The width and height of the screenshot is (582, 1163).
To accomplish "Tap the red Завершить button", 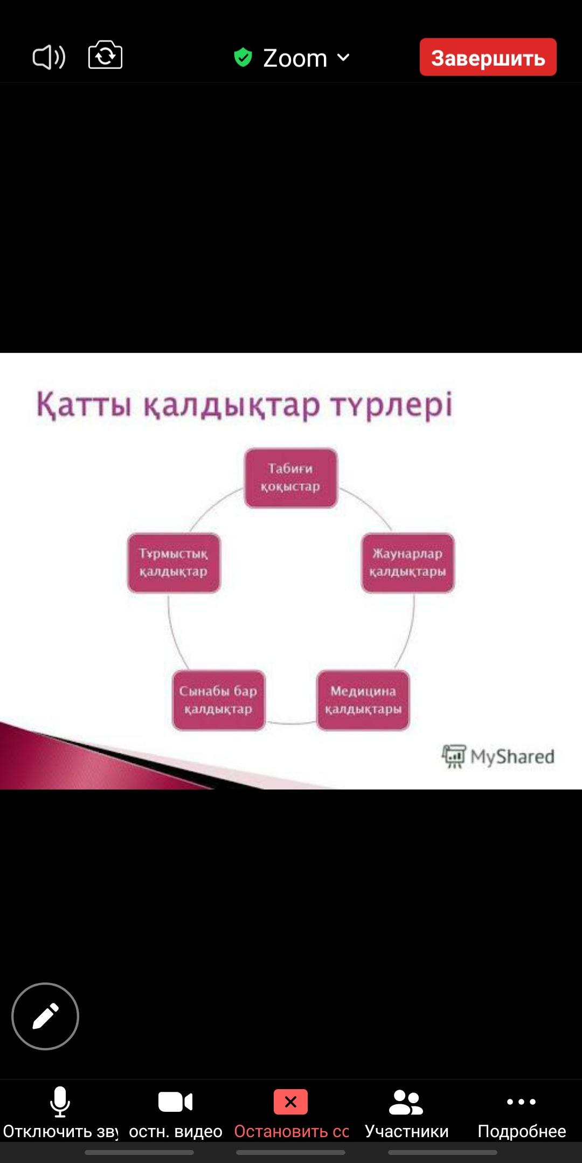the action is point(488,57).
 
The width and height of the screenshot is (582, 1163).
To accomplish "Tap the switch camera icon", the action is point(105,55).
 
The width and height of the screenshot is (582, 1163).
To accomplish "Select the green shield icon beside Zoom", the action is point(243,57).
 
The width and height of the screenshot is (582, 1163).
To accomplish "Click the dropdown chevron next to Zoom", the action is point(343,57).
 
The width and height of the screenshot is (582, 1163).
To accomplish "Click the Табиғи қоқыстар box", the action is point(290,477).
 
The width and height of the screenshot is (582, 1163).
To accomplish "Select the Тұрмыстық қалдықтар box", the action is point(174,563).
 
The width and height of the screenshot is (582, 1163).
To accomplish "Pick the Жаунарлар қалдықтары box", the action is point(407,563).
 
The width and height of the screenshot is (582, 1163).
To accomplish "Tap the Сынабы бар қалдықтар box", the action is point(218,700).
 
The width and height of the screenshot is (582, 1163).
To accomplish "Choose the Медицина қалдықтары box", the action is point(363,700).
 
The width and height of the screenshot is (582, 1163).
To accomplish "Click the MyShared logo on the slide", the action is point(498,756).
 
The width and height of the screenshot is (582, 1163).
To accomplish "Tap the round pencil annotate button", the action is point(45,1016).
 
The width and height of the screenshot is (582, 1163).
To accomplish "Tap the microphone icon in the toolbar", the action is point(60,1102).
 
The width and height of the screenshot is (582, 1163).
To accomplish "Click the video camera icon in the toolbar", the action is point(175,1102).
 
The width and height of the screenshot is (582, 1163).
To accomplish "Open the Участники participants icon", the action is point(406,1102).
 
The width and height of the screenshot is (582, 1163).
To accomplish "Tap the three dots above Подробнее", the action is point(521,1102).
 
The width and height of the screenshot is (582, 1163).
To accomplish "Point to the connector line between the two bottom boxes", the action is point(291,723).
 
